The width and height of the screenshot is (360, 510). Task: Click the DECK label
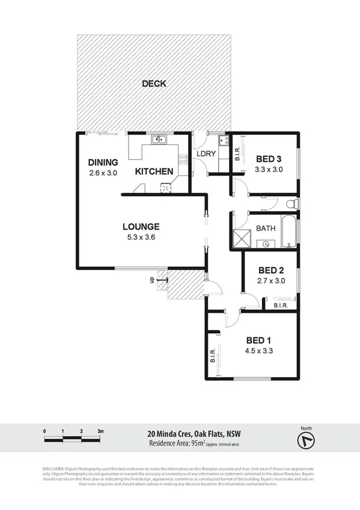154,84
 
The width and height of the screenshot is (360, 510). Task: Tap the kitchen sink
159,141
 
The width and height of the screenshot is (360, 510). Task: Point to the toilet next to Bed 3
291,204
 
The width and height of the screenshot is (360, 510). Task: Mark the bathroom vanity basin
265,244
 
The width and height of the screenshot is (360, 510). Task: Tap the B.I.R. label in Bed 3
237,154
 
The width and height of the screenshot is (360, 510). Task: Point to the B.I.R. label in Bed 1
213,357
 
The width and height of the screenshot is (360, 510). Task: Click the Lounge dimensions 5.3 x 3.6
141,237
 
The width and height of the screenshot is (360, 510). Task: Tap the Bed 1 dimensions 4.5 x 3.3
259,351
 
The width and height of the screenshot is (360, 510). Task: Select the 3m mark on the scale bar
100,431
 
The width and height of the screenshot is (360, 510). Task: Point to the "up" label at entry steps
153,280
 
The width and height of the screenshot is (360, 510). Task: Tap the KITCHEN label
154,171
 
